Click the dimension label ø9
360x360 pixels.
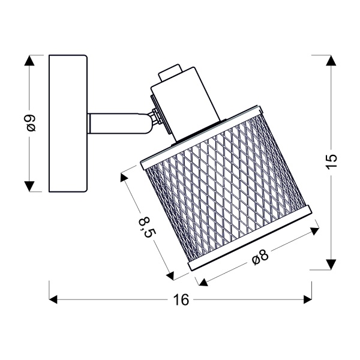(31, 123)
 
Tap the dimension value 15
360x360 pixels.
(332, 161)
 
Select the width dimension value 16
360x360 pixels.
(181, 299)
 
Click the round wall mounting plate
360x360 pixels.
(68, 124)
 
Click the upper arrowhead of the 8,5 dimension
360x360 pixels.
(125, 177)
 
